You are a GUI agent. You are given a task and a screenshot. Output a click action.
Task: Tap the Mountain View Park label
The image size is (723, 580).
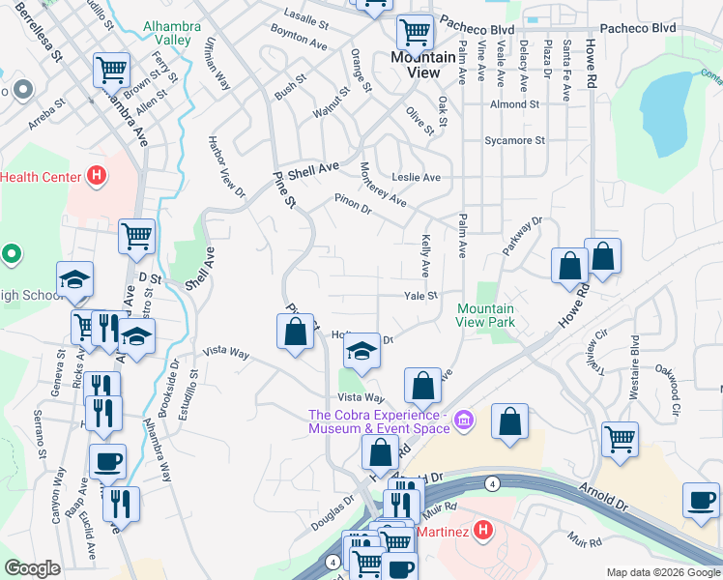tap(485, 316)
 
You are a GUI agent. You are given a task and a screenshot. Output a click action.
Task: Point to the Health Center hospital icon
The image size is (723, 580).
tap(96, 176)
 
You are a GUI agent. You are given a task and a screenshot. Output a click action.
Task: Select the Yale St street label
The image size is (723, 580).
tap(420, 296)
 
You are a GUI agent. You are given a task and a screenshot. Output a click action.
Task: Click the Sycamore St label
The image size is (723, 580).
tap(514, 140)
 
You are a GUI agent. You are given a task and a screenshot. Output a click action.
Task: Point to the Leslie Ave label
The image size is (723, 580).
tap(416, 178)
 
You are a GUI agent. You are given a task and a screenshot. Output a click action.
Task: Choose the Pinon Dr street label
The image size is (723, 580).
tap(352, 204)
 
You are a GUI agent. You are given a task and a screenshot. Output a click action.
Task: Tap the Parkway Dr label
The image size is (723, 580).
tap(523, 237)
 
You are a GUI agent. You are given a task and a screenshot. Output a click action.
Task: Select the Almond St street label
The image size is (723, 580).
tap(514, 104)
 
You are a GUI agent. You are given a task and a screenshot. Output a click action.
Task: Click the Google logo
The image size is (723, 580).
tap(34, 568)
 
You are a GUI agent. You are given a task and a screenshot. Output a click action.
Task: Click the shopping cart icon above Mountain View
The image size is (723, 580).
tap(416, 32)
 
